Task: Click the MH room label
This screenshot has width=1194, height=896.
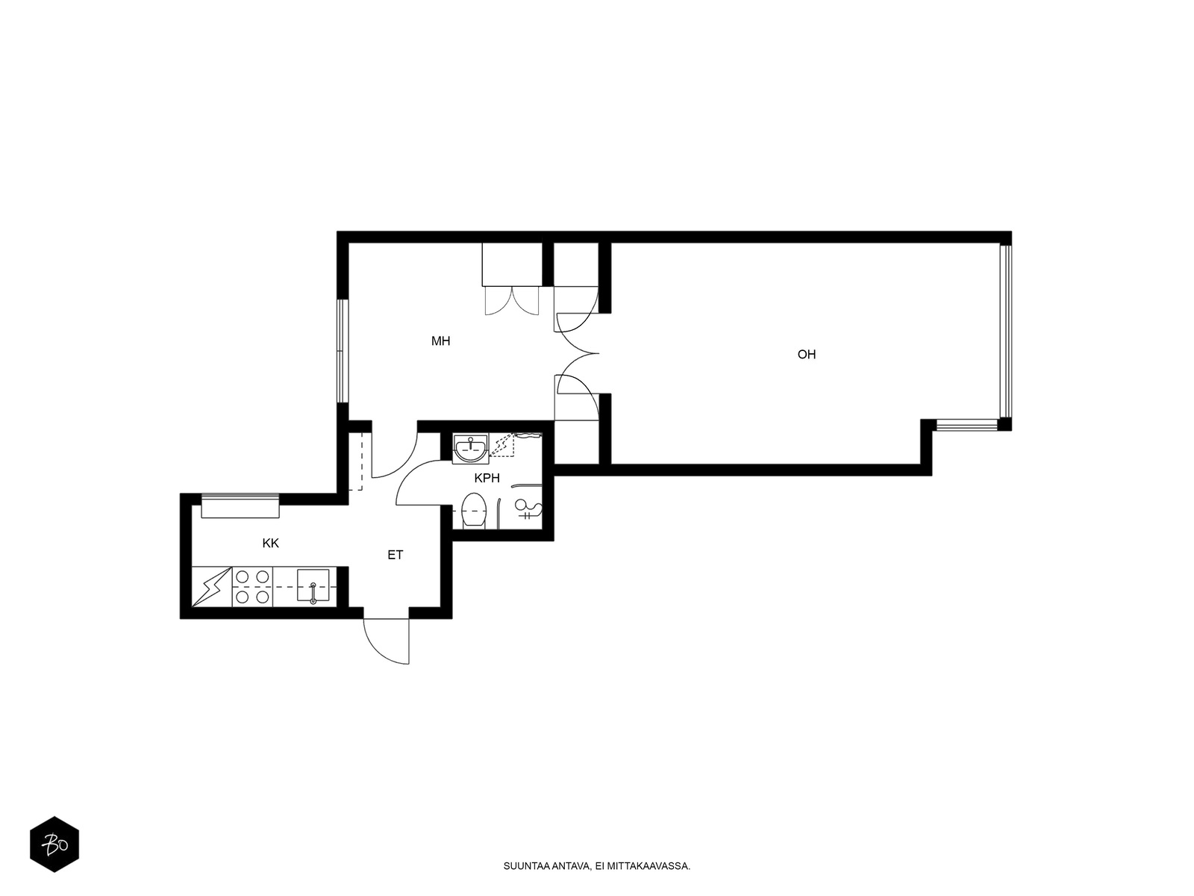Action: coord(440,341)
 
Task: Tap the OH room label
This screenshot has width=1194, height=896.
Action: coord(806,355)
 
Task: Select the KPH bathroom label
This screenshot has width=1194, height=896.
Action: coord(487,478)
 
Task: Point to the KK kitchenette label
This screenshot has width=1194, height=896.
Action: coord(270,543)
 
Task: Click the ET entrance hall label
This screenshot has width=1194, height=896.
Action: coord(395,555)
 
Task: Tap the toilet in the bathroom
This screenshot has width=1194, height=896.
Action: coord(473,510)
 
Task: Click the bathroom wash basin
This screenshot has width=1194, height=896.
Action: coord(471,448)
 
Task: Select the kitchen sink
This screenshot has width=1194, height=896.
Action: coord(313,585)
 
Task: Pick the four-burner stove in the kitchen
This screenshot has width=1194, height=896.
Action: coord(252,586)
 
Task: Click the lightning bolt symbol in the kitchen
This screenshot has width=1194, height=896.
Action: coord(212,586)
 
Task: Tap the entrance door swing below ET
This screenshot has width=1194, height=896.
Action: coord(387,642)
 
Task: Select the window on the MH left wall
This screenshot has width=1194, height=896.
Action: coord(342,351)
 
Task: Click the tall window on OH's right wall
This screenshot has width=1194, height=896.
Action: coord(1006,332)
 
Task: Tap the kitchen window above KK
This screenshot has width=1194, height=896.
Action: coord(240,506)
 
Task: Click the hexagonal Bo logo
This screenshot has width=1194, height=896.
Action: coord(54,844)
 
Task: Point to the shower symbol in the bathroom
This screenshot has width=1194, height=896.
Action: coord(528,508)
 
